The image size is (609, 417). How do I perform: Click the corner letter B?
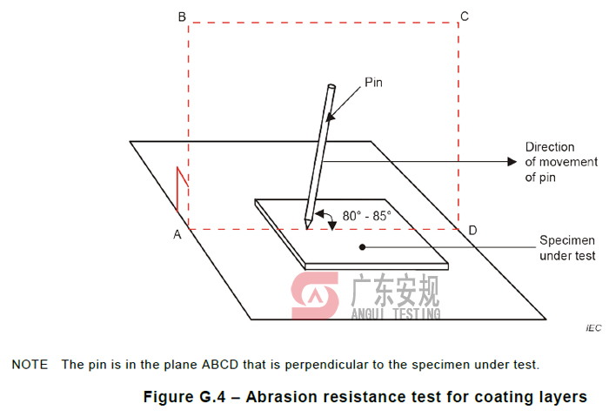tap(182, 17)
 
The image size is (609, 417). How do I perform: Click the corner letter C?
tap(465, 17)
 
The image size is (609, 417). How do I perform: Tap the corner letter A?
tap(177, 234)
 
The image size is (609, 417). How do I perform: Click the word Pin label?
tap(373, 83)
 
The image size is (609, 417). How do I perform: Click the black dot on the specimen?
tap(362, 247)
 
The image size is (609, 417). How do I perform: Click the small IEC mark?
tap(592, 327)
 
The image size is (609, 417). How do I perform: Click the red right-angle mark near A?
tap(182, 188)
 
